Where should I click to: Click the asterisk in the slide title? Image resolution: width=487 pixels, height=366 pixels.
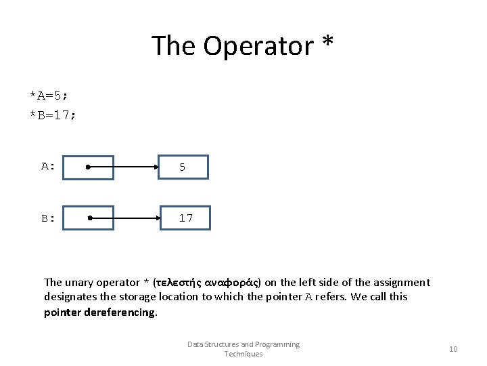tap(327, 43)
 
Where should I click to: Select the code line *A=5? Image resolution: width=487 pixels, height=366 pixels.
tap(49, 95)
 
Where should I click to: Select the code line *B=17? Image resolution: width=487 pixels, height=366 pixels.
tap(53, 115)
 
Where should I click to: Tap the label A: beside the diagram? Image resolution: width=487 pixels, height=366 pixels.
tap(47, 166)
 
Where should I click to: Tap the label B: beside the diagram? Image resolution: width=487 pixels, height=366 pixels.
tap(47, 218)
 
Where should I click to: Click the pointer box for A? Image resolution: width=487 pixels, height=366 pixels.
tap(89, 167)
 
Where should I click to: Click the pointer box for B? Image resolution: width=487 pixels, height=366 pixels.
tap(89, 218)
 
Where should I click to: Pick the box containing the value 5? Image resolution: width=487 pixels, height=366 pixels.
tap(183, 167)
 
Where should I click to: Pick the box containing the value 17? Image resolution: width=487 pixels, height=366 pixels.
tap(185, 218)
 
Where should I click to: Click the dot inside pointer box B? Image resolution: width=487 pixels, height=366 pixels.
tap(91, 218)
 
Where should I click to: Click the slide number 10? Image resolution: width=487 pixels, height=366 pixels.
tap(453, 349)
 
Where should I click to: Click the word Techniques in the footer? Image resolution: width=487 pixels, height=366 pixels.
tap(243, 354)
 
